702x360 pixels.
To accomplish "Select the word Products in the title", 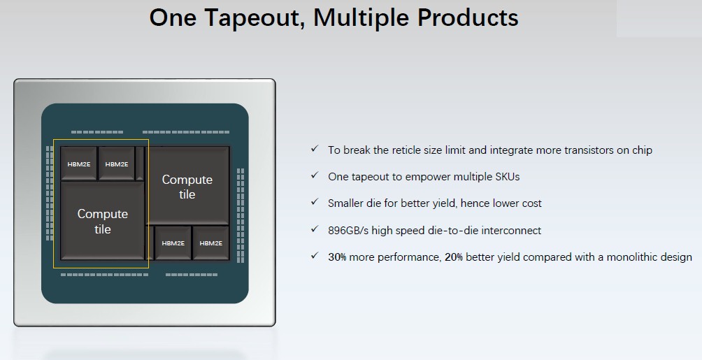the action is (x=468, y=18).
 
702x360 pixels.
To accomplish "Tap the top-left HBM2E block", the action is (x=79, y=164).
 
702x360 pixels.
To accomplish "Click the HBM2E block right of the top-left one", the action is (x=116, y=164).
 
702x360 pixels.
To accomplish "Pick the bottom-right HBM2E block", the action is (x=210, y=243).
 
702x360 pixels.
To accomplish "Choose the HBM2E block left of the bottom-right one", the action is (x=173, y=243).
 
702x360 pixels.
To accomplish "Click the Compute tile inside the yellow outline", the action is (x=103, y=221).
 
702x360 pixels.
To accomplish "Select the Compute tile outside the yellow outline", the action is (x=187, y=186).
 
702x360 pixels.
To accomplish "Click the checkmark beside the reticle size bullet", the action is (x=315, y=148).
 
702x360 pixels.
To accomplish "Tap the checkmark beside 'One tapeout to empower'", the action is (x=315, y=175).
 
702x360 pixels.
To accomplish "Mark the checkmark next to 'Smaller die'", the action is (x=315, y=202).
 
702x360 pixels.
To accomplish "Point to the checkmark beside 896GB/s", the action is (x=315, y=229).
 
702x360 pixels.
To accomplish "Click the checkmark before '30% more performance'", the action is (x=315, y=256).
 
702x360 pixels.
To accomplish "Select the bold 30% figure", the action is (x=337, y=257).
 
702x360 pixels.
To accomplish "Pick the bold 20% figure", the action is (x=454, y=257).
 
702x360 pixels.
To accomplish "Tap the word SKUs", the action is (x=508, y=177).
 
